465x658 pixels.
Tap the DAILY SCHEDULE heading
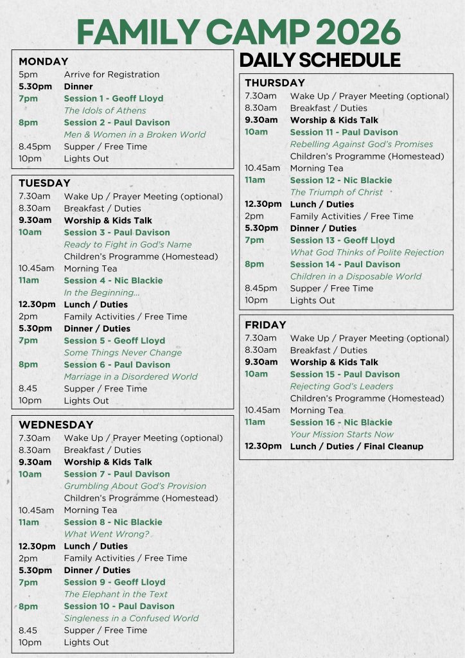click(320, 60)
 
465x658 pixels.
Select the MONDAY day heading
click(43, 62)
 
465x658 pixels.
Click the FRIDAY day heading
click(265, 325)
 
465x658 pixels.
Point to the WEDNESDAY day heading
click(56, 425)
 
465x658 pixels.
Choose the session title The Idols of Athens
click(105, 111)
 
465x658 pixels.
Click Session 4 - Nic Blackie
click(113, 280)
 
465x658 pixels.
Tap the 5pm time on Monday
click(28, 75)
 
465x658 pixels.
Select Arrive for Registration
click(112, 75)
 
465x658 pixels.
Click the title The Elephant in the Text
click(116, 594)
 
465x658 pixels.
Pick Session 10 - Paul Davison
click(119, 606)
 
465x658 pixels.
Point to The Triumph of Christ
click(336, 192)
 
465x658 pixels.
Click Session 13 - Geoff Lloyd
click(342, 240)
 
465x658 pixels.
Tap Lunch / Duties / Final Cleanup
click(356, 446)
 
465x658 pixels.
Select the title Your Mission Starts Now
click(342, 434)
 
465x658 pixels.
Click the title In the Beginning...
click(101, 292)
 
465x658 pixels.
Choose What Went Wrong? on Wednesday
click(106, 534)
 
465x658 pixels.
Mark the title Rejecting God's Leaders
click(342, 386)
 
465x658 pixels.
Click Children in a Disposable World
click(356, 276)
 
